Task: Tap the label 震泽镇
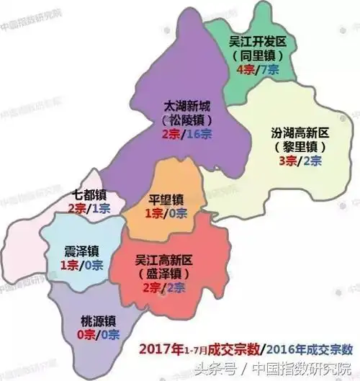[x=79, y=251]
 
